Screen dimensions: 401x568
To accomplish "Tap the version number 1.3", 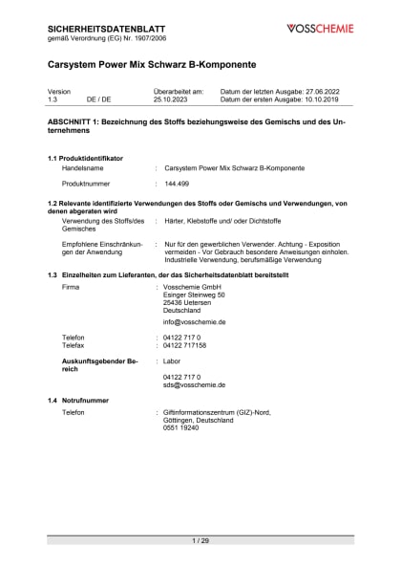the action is (53, 98).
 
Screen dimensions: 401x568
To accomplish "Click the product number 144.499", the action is (178, 182).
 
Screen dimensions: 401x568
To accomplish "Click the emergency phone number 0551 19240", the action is (181, 429).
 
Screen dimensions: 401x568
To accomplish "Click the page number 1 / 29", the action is (200, 541).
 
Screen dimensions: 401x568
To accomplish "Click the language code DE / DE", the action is (98, 98).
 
